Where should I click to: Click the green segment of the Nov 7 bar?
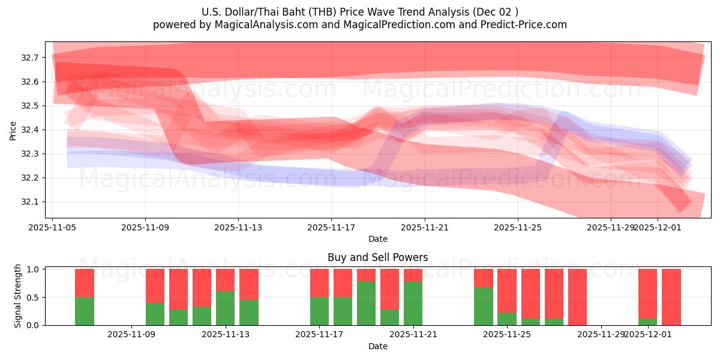point(85,311)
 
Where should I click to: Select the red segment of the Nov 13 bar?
point(225,280)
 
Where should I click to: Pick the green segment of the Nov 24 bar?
point(484,306)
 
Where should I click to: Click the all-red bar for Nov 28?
point(577,297)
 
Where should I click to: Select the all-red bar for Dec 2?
point(671,297)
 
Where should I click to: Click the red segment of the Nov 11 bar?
point(202,288)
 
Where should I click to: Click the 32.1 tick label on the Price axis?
point(29,202)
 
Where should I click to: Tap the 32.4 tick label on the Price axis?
point(29,130)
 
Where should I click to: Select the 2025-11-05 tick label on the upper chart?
point(52,227)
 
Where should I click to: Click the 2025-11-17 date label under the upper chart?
point(331,227)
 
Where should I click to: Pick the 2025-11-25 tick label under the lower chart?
point(507,335)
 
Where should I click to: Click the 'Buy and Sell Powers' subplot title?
point(377,257)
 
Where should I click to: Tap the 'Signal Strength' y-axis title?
point(18,296)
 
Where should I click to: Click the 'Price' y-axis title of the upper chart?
point(13,130)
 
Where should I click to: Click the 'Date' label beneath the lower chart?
point(377,346)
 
